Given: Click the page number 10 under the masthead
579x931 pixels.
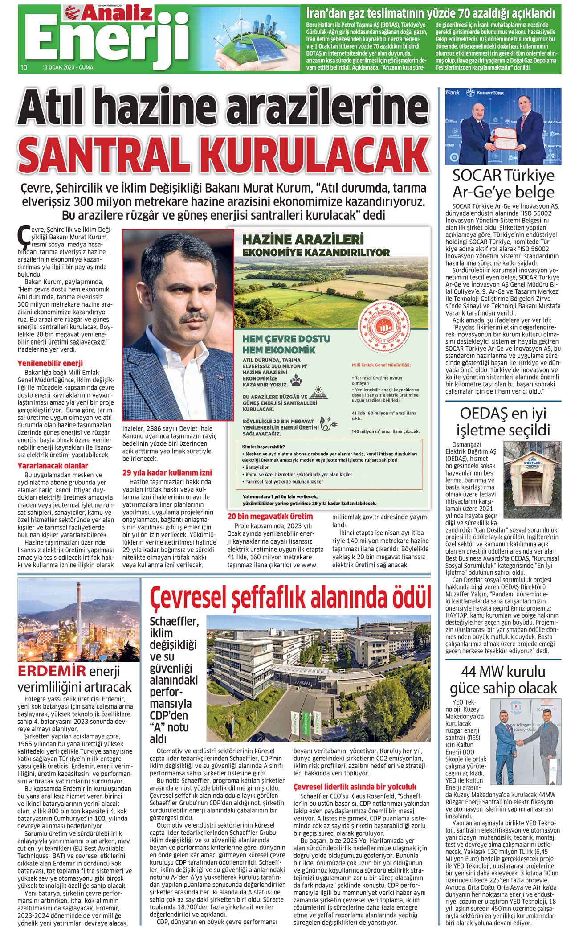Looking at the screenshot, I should tap(23, 68).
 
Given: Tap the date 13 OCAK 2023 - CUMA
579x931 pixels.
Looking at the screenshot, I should tap(68, 68).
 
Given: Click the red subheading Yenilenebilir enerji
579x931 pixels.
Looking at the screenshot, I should tap(50, 363).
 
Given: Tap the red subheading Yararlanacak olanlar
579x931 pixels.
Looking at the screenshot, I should tap(53, 466).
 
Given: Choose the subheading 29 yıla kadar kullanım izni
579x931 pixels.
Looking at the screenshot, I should tap(167, 472).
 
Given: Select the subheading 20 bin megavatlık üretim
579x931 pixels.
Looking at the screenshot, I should tap(270, 516).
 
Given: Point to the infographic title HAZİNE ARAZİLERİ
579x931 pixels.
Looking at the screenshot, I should tap(303, 239).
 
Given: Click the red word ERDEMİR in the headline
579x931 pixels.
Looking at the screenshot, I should tap(52, 671).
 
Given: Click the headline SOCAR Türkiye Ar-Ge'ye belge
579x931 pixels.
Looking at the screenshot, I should tap(503, 184).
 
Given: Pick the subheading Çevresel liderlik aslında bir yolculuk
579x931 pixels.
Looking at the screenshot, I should tap(355, 787).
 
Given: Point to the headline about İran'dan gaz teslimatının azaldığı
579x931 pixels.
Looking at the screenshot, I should tap(430, 12).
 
